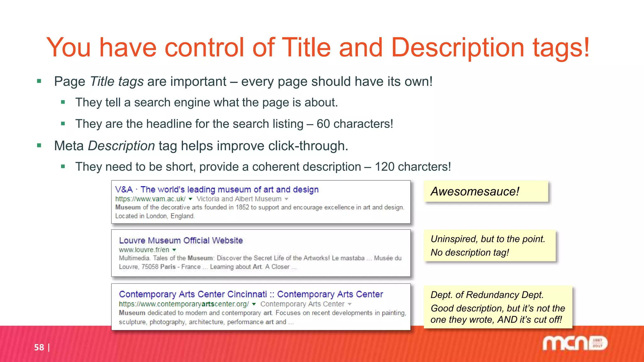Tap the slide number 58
(39, 347)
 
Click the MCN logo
(575, 343)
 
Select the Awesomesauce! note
(475, 191)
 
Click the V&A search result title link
(217, 189)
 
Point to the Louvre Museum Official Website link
(181, 240)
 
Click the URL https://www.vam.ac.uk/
(150, 199)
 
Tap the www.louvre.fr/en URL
(144, 250)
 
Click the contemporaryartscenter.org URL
(184, 304)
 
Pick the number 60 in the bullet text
(323, 124)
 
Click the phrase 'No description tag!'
(470, 252)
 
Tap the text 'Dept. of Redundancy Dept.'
(487, 295)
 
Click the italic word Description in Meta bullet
(121, 146)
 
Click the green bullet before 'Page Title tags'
(39, 81)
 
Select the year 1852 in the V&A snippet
(242, 207)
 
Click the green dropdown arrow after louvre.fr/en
(174, 250)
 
